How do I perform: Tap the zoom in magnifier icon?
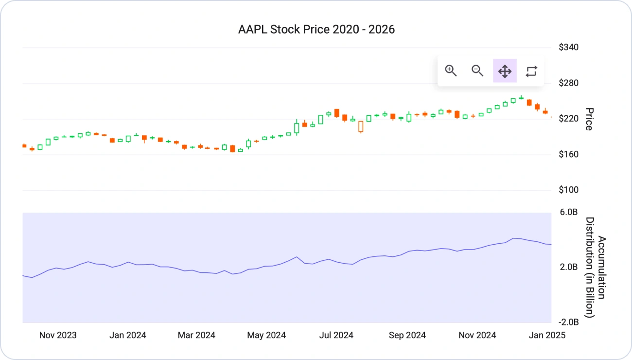pyautogui.click(x=451, y=71)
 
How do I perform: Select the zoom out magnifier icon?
pyautogui.click(x=477, y=71)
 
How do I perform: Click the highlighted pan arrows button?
pyautogui.click(x=505, y=71)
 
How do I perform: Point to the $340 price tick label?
pyautogui.click(x=568, y=47)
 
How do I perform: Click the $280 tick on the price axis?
pyautogui.click(x=568, y=83)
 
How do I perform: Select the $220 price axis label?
pyautogui.click(x=568, y=119)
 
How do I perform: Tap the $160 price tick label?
pyautogui.click(x=568, y=154)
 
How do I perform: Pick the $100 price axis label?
pyautogui.click(x=568, y=190)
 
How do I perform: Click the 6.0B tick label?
pyautogui.click(x=569, y=212)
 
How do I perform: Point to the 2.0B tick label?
pyautogui.click(x=569, y=267)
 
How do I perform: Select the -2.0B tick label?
pyautogui.click(x=568, y=322)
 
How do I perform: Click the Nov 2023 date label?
pyautogui.click(x=58, y=335)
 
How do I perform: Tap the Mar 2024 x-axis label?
pyautogui.click(x=196, y=335)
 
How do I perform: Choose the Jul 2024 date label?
pyautogui.click(x=336, y=335)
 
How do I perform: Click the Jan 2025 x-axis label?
pyautogui.click(x=547, y=335)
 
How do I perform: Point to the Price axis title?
pyautogui.click(x=589, y=119)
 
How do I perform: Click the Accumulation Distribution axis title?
pyautogui.click(x=596, y=268)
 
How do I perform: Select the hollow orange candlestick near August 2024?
pyautogui.click(x=361, y=127)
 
